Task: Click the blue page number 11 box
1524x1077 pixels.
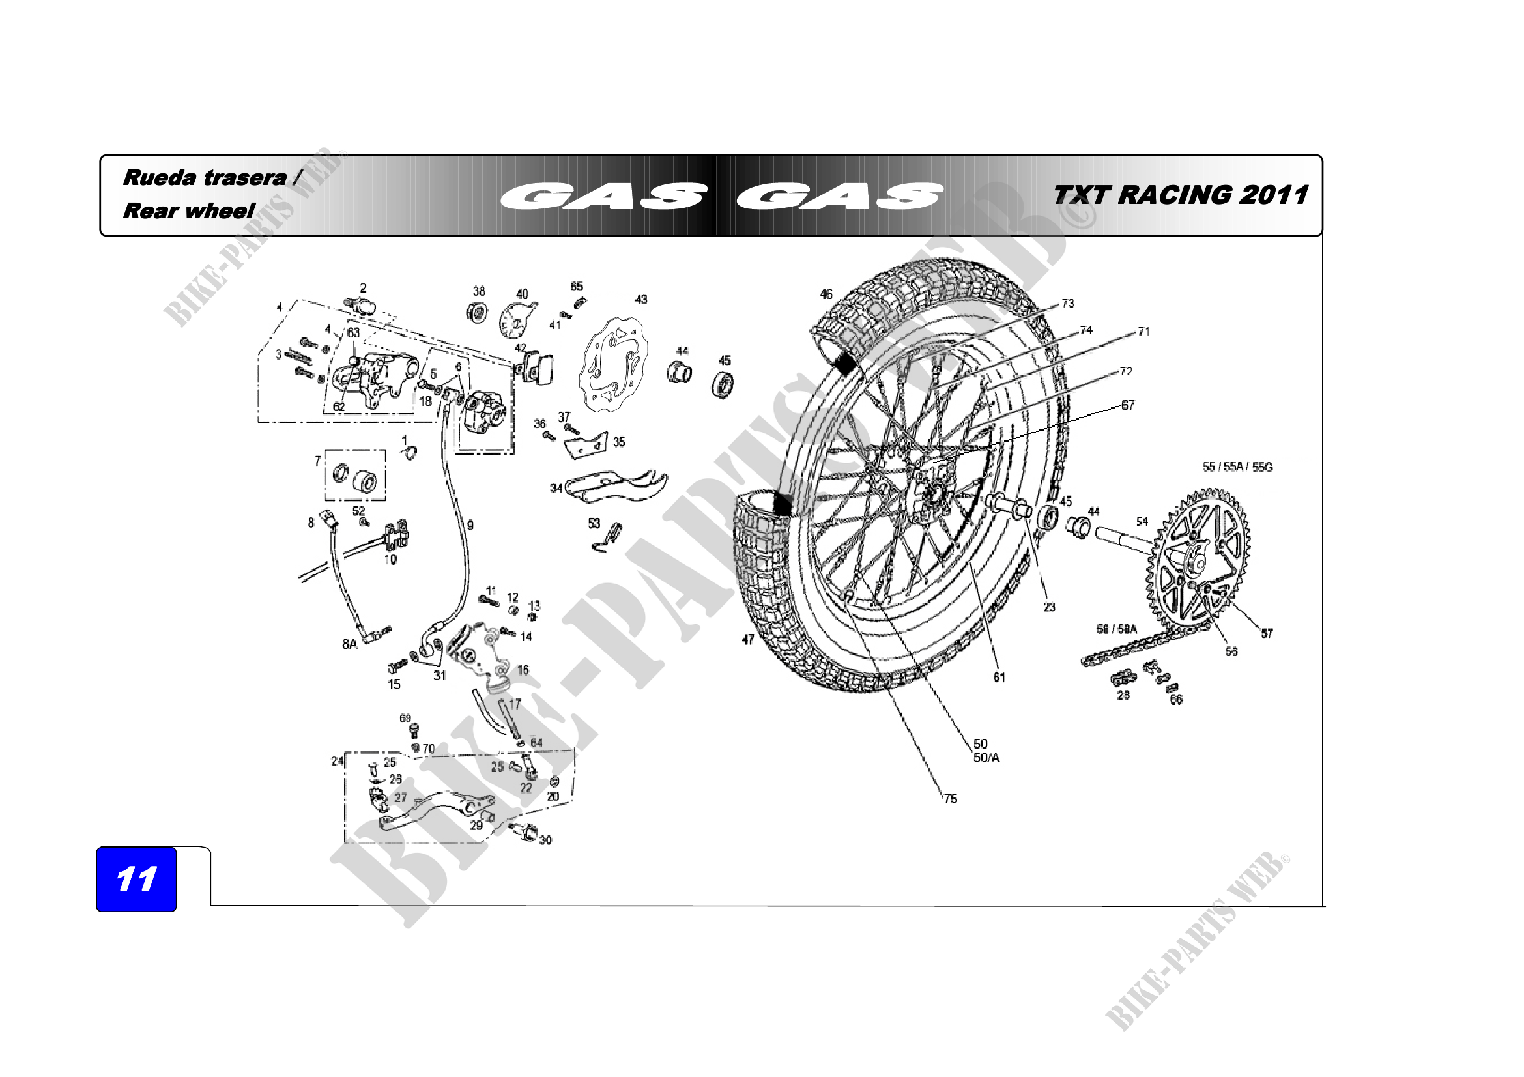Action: pyautogui.click(x=136, y=878)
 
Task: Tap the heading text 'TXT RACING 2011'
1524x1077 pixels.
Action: pyautogui.click(x=1180, y=195)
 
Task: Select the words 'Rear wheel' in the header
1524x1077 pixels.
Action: pyautogui.click(x=188, y=211)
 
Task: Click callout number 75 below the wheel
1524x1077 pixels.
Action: pyautogui.click(x=950, y=799)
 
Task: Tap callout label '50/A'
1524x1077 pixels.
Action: pyautogui.click(x=986, y=758)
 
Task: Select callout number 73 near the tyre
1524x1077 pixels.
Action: pyautogui.click(x=1067, y=303)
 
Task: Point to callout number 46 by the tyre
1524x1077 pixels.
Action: pyautogui.click(x=826, y=294)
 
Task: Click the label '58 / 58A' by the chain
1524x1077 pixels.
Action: pyautogui.click(x=1117, y=629)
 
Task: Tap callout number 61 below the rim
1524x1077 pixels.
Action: pyautogui.click(x=999, y=677)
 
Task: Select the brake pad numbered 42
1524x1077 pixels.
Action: pyautogui.click(x=538, y=366)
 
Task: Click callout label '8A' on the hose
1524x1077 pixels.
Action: pyautogui.click(x=350, y=644)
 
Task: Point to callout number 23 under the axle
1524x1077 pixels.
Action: pyautogui.click(x=1049, y=607)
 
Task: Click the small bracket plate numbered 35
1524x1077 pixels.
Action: pyautogui.click(x=588, y=444)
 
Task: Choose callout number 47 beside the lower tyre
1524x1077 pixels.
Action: pyautogui.click(x=748, y=640)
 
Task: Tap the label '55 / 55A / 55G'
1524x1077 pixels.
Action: pyautogui.click(x=1237, y=467)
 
